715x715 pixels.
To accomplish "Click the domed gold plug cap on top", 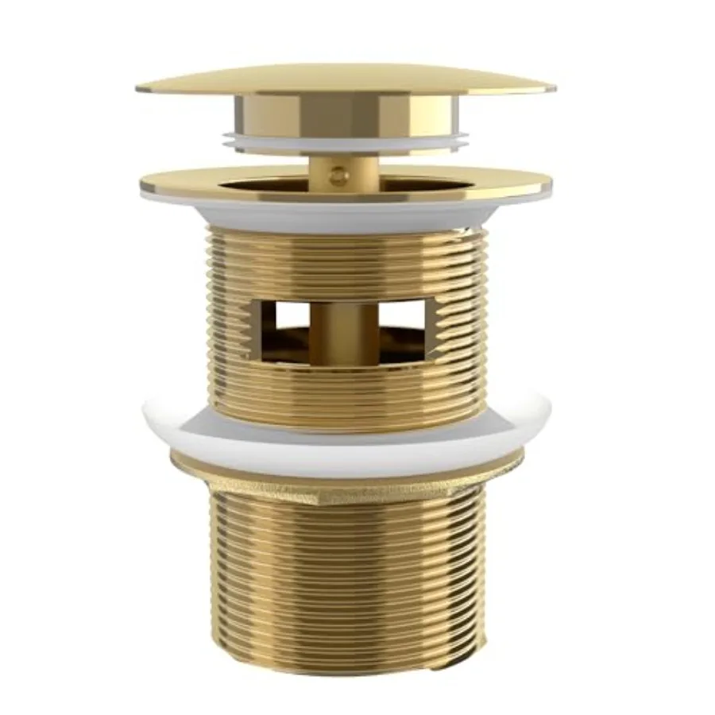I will pyautogui.click(x=346, y=77).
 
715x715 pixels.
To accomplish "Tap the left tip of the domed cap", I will pyautogui.click(x=141, y=87).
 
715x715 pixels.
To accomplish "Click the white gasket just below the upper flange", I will pyautogui.click(x=346, y=215).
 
